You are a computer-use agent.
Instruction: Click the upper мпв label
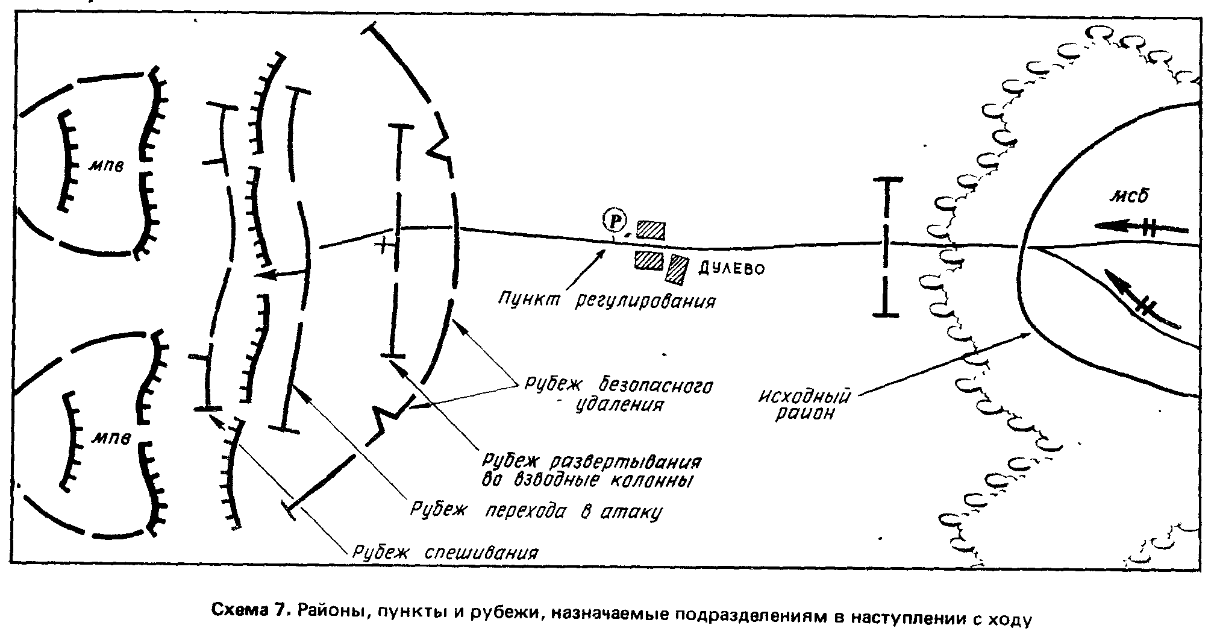point(107,165)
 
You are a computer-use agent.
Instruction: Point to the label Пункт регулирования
point(607,300)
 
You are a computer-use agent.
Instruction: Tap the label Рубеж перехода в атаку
point(536,511)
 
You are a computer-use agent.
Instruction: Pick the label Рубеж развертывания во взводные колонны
point(591,471)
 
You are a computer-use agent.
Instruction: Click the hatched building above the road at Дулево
point(651,230)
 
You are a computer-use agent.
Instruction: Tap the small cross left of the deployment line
point(382,246)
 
